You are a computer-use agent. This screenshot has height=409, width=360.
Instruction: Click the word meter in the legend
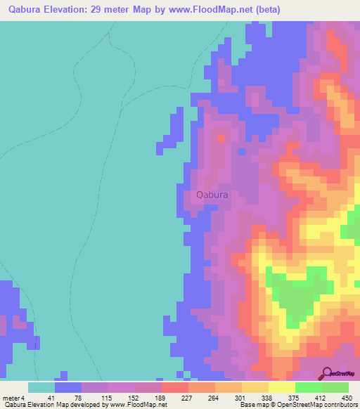(x=10, y=397)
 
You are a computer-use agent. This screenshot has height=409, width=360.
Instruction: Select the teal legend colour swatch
(x=41, y=387)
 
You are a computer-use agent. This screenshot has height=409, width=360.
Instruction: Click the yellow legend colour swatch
(x=282, y=387)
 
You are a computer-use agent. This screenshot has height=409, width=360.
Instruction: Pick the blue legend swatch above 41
(x=68, y=387)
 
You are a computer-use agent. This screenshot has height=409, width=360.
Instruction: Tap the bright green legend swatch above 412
(x=308, y=387)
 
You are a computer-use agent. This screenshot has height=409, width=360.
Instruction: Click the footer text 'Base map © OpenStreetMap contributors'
(x=297, y=405)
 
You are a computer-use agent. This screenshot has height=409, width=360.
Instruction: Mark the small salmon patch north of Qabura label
(x=221, y=138)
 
